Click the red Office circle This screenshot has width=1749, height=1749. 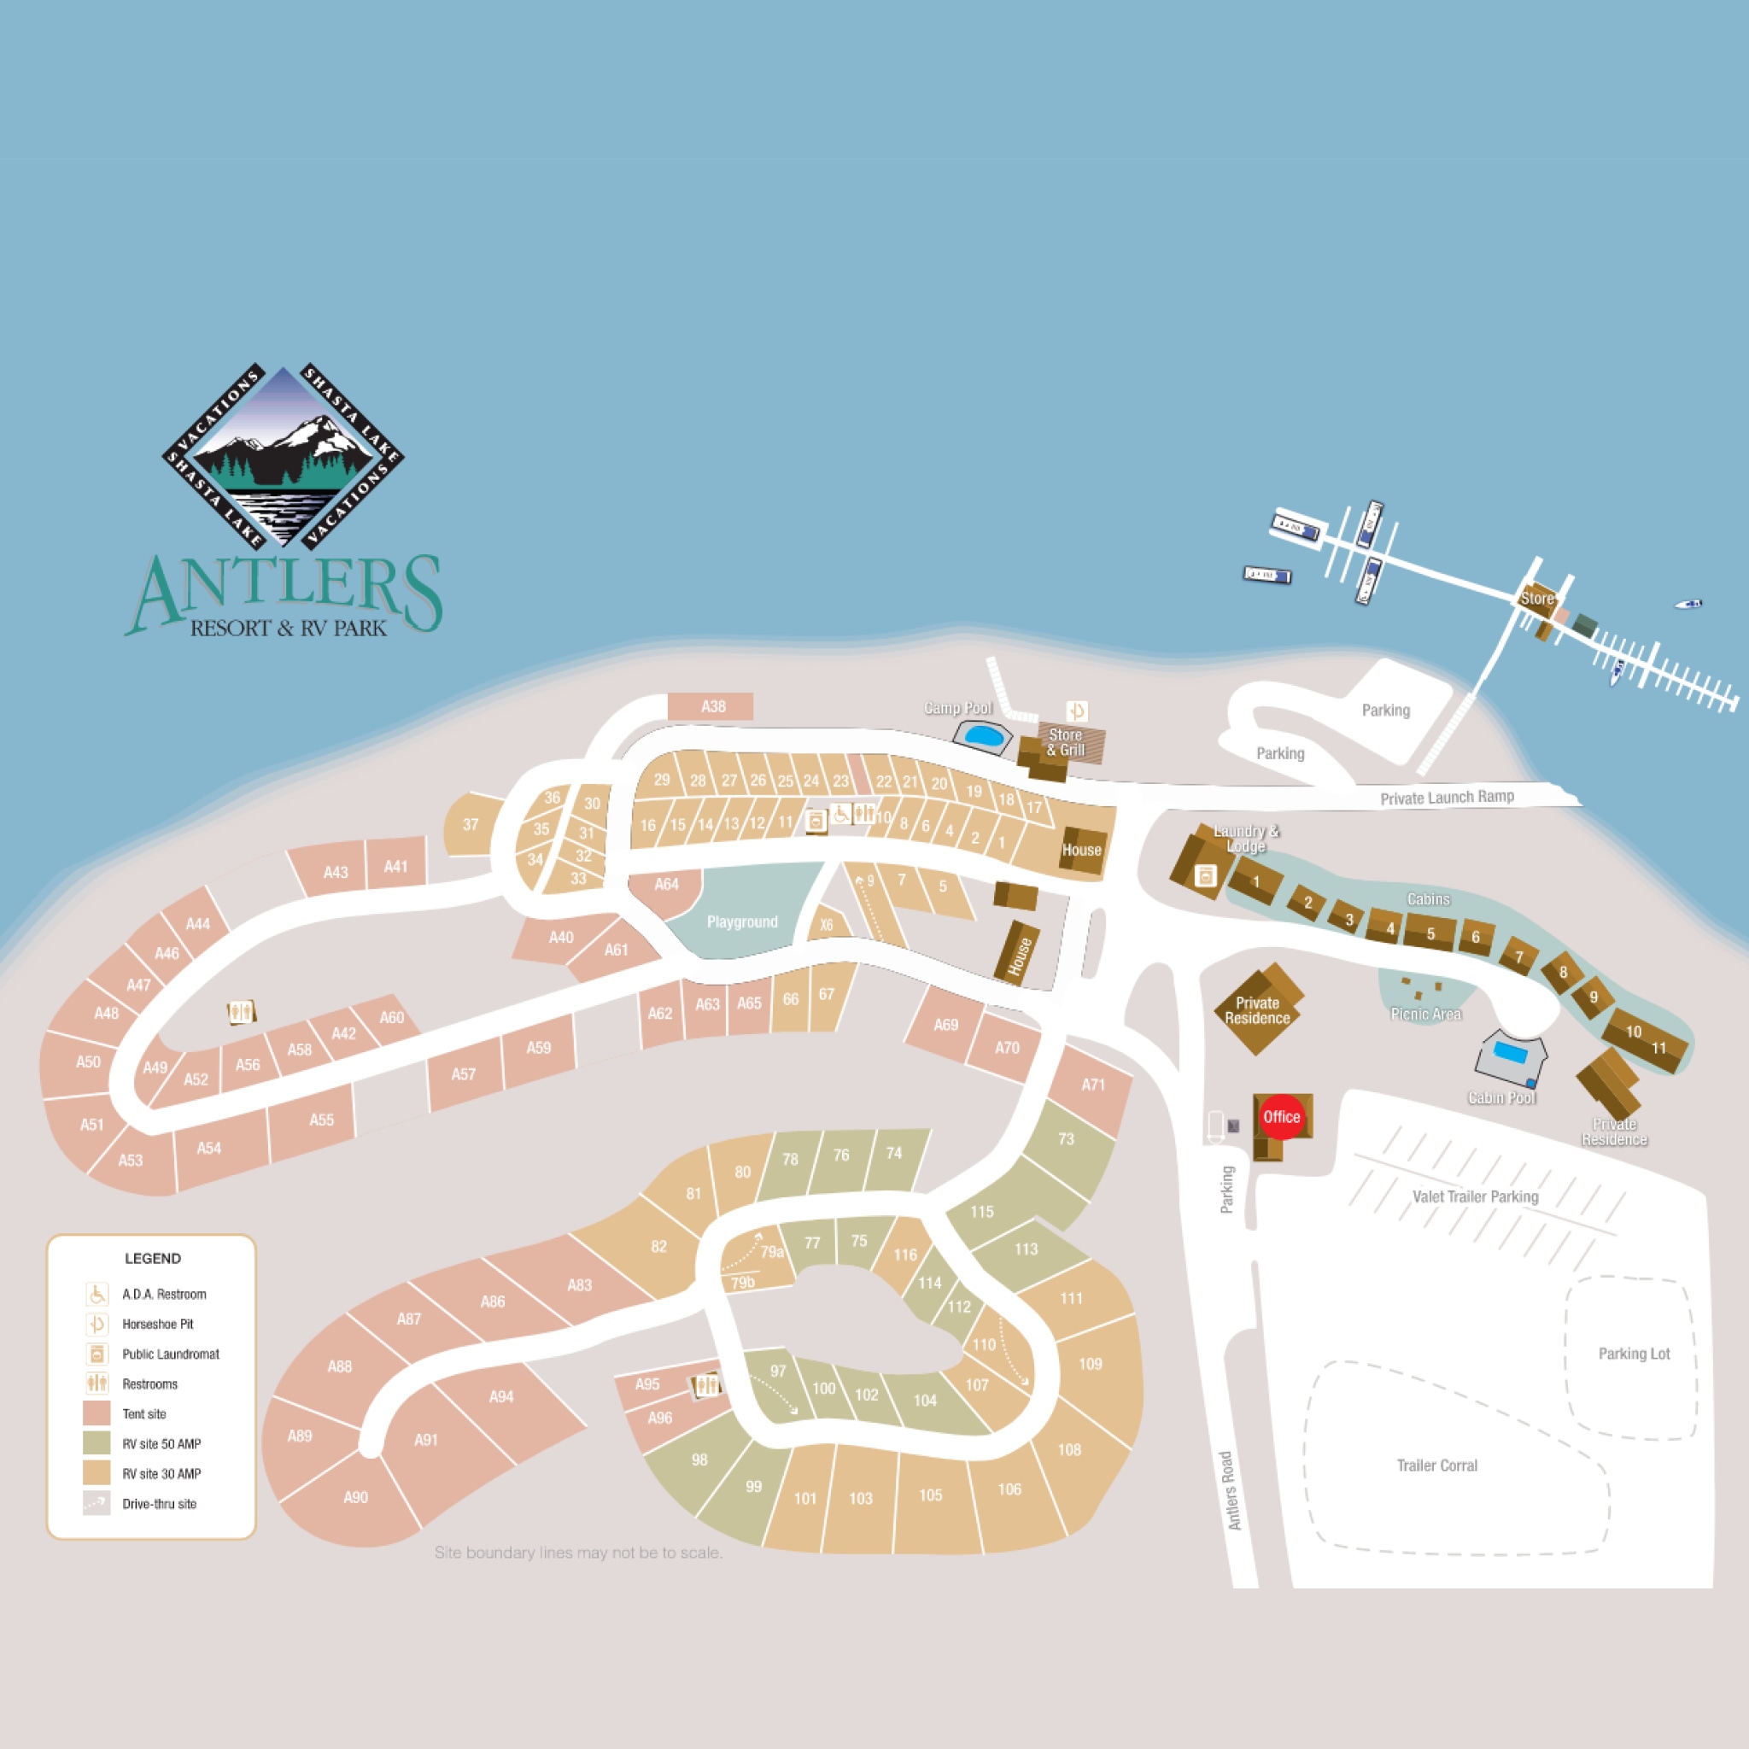tap(1281, 1116)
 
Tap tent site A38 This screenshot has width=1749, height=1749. tap(711, 706)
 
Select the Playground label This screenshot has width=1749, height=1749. tap(742, 921)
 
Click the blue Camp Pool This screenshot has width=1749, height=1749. tap(982, 735)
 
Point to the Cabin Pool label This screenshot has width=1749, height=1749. tap(1502, 1097)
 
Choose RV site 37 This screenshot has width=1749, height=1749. tap(471, 824)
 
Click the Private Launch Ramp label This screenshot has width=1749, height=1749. tap(1447, 797)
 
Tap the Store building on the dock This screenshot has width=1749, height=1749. tap(1537, 599)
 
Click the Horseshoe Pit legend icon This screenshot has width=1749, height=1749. tap(97, 1324)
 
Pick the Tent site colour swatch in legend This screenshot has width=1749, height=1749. tap(97, 1413)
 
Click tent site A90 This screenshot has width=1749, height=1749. tap(356, 1496)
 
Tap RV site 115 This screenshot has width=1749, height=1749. tap(982, 1211)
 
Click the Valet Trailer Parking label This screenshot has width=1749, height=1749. tap(1475, 1196)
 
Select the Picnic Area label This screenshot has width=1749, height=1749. tap(1426, 1014)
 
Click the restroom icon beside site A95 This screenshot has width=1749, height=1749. tap(706, 1385)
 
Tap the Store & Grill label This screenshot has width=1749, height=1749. tap(1066, 742)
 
